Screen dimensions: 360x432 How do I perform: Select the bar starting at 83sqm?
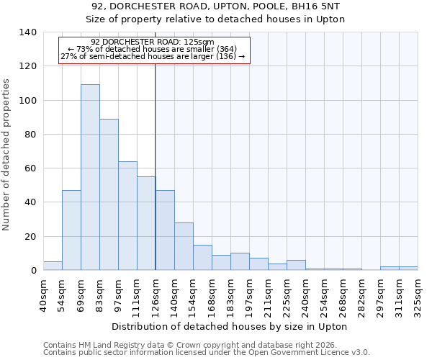109,194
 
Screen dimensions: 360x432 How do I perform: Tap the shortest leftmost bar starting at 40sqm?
53,266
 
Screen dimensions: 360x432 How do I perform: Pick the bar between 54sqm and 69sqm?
71,230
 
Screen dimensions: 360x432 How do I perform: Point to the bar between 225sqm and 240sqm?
296,265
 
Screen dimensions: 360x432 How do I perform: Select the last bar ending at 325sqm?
408,268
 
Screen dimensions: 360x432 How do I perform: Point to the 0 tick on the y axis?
33,271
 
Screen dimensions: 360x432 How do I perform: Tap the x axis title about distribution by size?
230,326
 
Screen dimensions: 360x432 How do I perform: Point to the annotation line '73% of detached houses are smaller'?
153,49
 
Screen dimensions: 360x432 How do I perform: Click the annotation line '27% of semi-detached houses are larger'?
153,56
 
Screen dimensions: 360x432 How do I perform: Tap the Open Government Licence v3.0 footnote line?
207,353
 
